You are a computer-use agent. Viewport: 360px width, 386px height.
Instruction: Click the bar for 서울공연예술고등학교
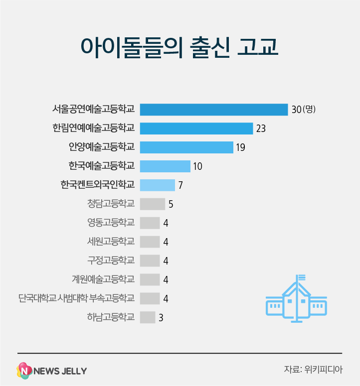(214, 110)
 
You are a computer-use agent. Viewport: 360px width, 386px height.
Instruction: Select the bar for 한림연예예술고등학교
(196, 129)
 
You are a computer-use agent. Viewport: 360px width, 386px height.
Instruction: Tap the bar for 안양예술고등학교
(186, 147)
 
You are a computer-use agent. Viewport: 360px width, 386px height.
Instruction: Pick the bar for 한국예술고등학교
(165, 166)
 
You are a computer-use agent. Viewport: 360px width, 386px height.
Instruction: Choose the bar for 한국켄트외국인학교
(158, 185)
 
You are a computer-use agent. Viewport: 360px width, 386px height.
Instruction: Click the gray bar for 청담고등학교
(153, 204)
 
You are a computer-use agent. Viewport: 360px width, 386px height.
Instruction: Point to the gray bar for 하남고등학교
(148, 317)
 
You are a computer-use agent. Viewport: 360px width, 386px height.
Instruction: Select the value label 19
(241, 148)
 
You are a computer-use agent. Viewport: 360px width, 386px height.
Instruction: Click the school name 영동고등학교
(111, 223)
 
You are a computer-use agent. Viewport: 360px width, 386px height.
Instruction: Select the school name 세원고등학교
(111, 242)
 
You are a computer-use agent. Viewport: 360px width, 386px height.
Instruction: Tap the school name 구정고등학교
(111, 260)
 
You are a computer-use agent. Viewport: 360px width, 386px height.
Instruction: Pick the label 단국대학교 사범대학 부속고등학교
(76, 298)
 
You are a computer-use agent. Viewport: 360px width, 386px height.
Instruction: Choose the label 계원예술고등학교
(103, 279)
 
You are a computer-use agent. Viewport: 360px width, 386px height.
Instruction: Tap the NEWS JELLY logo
(52, 371)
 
